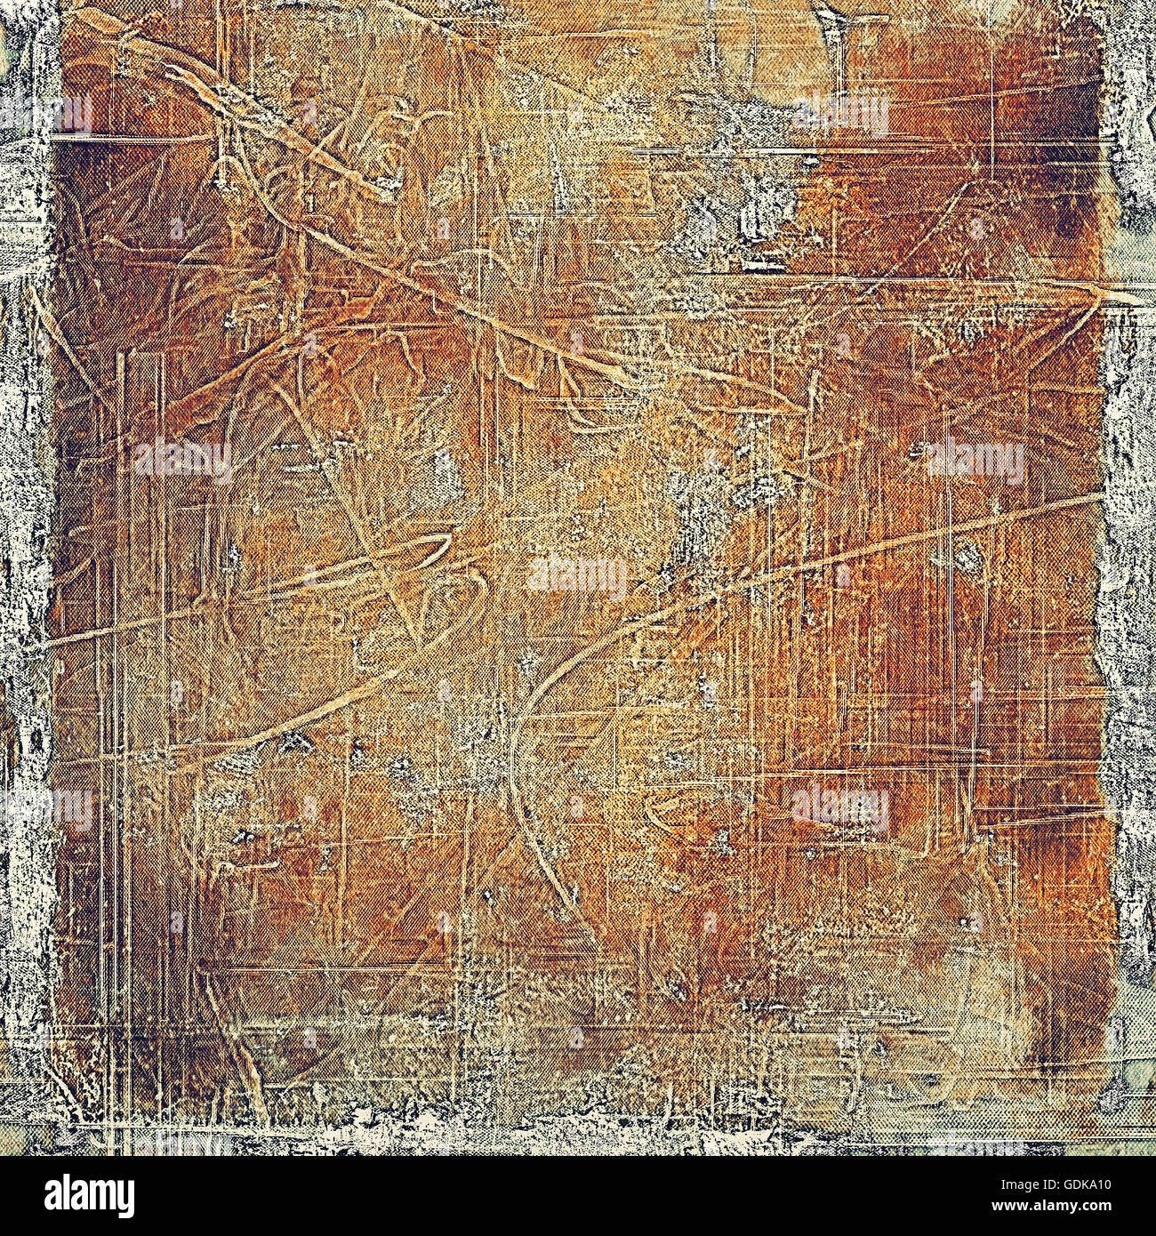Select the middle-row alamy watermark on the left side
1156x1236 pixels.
(182, 461)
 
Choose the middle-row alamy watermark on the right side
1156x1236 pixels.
(974, 461)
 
